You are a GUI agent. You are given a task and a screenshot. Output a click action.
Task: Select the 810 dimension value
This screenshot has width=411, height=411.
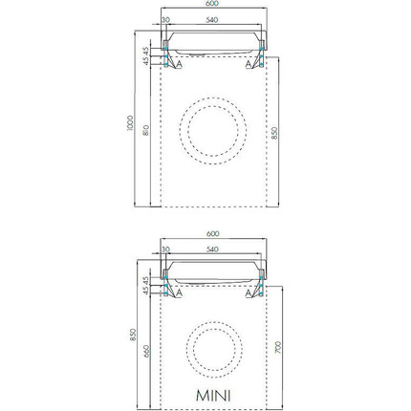coord(145,131)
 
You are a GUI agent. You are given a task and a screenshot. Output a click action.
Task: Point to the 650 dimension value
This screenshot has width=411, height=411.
coord(146,351)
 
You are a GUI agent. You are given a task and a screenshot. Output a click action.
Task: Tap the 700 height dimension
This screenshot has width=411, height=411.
coord(278,347)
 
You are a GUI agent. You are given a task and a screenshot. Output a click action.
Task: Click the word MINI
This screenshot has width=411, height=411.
coord(213,396)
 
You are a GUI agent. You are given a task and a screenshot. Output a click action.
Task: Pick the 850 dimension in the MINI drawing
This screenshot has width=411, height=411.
coord(133,335)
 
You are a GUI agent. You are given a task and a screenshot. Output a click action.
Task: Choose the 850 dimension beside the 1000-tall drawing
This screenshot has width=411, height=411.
coord(274,133)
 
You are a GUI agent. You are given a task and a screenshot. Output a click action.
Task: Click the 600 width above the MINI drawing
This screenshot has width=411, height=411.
coord(213,233)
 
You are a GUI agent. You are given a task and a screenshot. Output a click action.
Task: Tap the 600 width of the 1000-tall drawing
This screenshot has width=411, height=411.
coord(212,4)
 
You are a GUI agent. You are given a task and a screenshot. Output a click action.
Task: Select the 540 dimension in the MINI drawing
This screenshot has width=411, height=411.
coord(212,249)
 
